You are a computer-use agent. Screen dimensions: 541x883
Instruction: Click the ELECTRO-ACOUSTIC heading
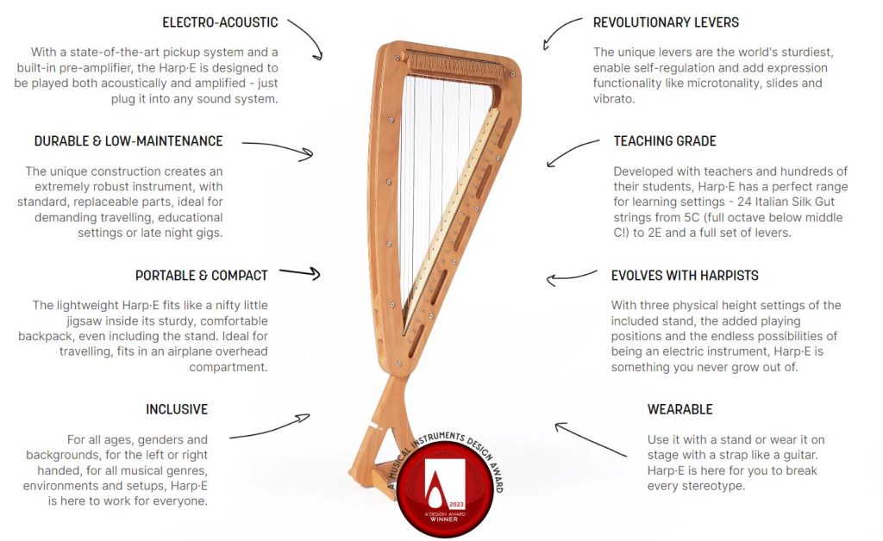point(219,22)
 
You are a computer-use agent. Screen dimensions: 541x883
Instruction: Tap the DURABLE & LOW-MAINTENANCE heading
point(128,141)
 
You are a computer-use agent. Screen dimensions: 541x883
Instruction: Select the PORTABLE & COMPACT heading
point(201,276)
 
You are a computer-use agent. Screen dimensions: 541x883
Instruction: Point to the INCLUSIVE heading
point(177,409)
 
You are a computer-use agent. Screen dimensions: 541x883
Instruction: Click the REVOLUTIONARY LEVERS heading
point(666,22)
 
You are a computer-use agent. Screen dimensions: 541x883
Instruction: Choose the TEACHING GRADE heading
point(665,141)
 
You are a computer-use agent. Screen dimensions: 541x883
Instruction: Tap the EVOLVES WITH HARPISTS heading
point(685,276)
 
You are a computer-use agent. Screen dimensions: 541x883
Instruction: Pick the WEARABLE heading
point(679,409)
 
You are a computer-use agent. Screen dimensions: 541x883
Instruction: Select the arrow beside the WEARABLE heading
point(589,438)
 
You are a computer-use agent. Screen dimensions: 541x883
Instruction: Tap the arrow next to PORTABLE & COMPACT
point(299,273)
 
